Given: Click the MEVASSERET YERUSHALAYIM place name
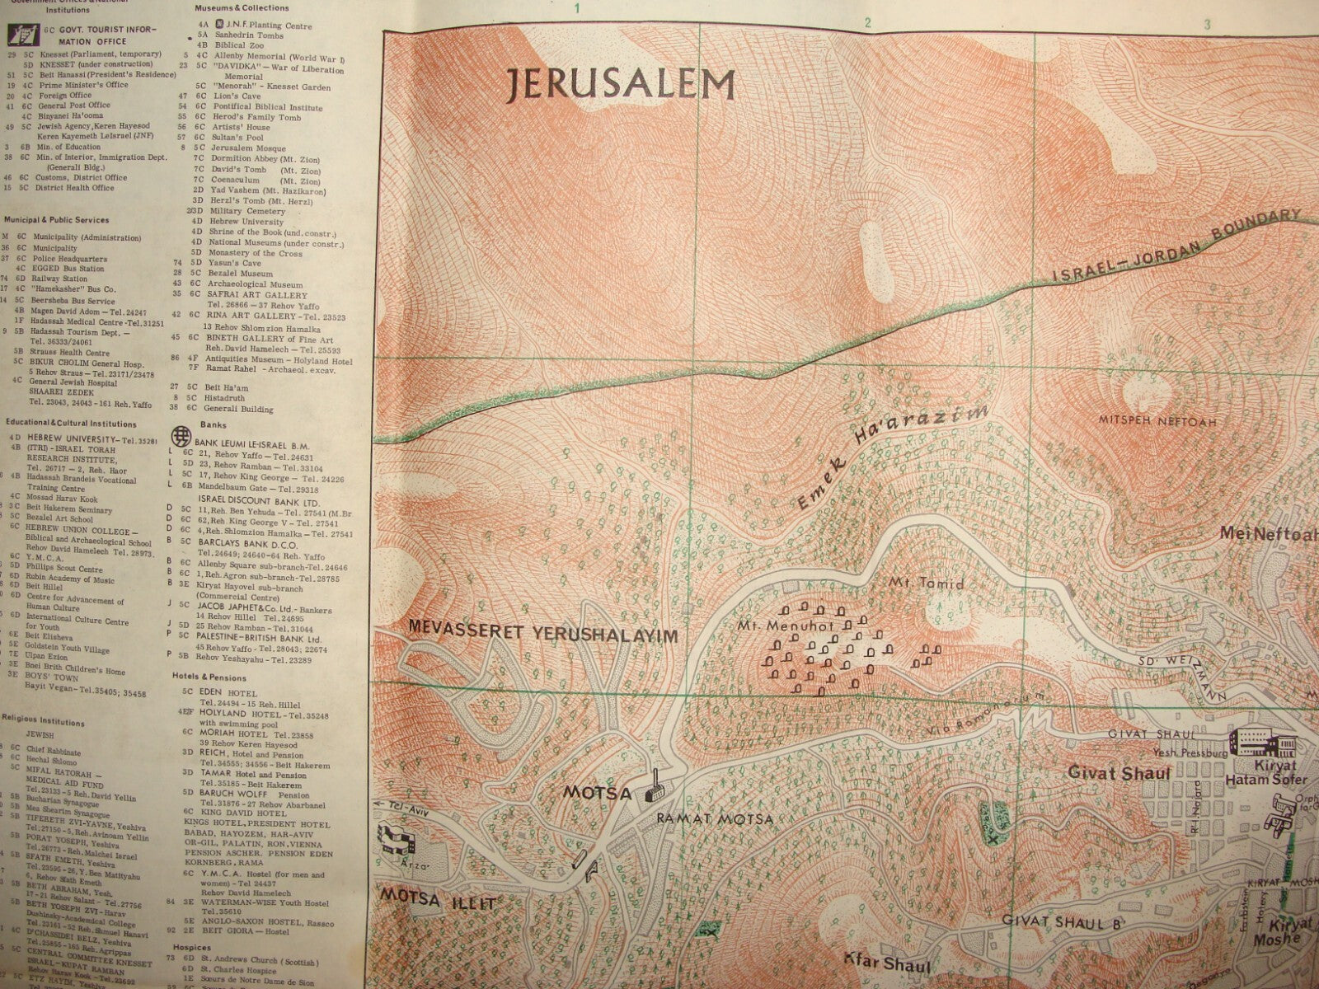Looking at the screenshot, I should pyautogui.click(x=542, y=635).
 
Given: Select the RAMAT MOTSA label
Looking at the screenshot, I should pyautogui.click(x=715, y=819).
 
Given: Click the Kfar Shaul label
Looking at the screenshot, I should pyautogui.click(x=886, y=965).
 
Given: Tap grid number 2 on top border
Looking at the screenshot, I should pyautogui.click(x=869, y=23).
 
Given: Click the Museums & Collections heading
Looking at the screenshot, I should pyautogui.click(x=235, y=7).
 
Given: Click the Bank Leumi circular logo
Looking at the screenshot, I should pyautogui.click(x=177, y=434).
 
